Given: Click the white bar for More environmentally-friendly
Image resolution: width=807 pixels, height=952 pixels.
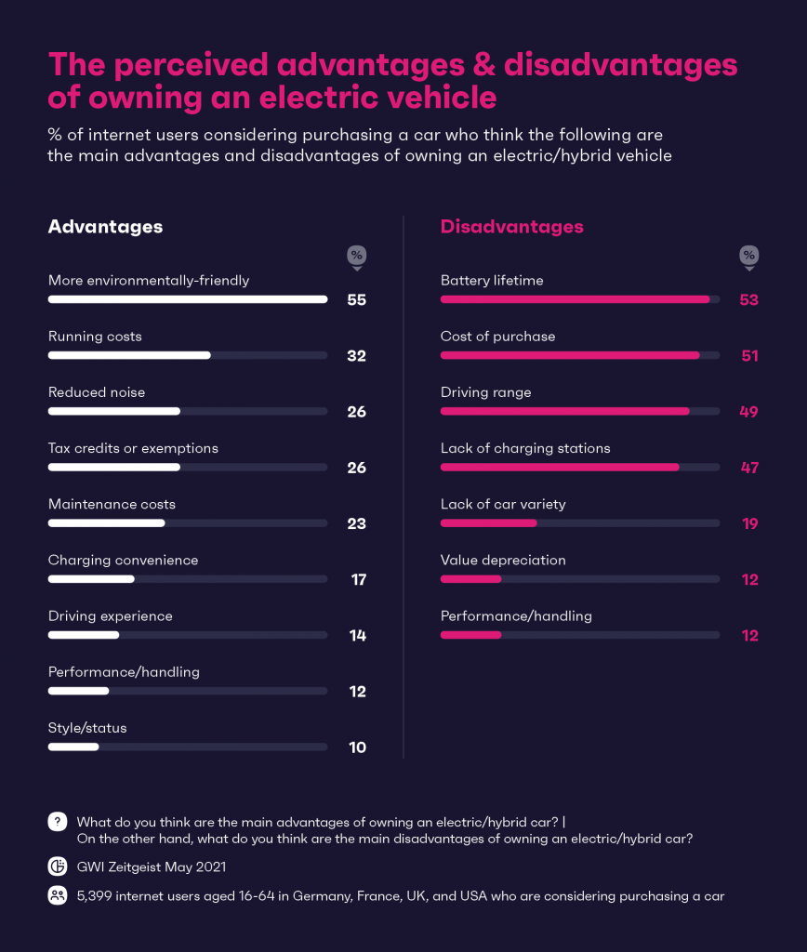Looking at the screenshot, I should point(187,299).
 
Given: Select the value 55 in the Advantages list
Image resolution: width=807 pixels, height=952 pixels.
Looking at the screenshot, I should point(356,300).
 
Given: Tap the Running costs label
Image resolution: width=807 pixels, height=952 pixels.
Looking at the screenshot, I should point(95,337).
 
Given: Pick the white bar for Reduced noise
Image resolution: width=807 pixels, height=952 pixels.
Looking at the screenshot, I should point(113,411).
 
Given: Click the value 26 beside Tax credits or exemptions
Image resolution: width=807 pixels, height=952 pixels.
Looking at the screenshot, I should point(356,468).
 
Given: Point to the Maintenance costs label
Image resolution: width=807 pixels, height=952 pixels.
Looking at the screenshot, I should point(112,504).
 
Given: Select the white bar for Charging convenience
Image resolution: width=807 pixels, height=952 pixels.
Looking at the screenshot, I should point(91,579).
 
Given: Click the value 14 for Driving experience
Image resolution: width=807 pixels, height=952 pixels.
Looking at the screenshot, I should point(357,636).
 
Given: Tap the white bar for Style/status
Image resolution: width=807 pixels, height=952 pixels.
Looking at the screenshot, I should point(73,747).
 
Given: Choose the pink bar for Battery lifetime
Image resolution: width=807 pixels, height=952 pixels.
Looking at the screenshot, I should point(575,299).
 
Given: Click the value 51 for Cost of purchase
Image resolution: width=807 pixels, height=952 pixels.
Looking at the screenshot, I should point(748,356).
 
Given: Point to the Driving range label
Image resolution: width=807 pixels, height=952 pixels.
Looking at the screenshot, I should point(485,392).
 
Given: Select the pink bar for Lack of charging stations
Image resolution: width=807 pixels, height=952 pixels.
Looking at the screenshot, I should point(560,467).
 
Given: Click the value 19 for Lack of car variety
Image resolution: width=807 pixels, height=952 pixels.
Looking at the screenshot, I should point(749,523).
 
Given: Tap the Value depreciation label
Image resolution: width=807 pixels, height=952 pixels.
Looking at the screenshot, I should point(503,560).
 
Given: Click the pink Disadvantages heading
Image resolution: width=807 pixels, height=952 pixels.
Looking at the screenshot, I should point(511,227).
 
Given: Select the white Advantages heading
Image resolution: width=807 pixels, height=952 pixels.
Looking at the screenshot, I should point(105,227).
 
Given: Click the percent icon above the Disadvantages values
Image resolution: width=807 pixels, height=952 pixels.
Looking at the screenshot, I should point(748,256).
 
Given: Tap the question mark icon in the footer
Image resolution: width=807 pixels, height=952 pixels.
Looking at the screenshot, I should point(58,822).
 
